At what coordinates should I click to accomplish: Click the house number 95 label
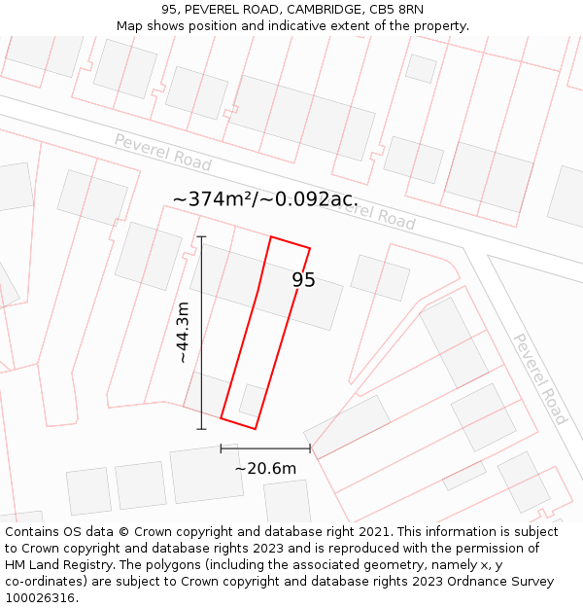click(303, 280)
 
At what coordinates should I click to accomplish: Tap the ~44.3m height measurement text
click(182, 333)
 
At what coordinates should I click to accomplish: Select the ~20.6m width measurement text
click(265, 468)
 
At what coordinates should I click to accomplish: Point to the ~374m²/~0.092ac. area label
click(265, 199)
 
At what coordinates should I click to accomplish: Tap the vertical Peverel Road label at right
click(539, 378)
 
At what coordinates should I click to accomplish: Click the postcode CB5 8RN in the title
click(397, 10)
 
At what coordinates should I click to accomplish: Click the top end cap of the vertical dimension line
click(201, 236)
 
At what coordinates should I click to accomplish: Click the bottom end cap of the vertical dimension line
click(201, 429)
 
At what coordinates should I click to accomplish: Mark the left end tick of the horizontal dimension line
click(222, 448)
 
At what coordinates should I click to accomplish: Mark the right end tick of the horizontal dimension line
click(310, 448)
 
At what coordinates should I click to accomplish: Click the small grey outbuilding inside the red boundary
click(252, 400)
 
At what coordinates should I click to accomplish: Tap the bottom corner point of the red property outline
click(255, 428)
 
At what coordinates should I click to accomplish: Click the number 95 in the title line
click(170, 10)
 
